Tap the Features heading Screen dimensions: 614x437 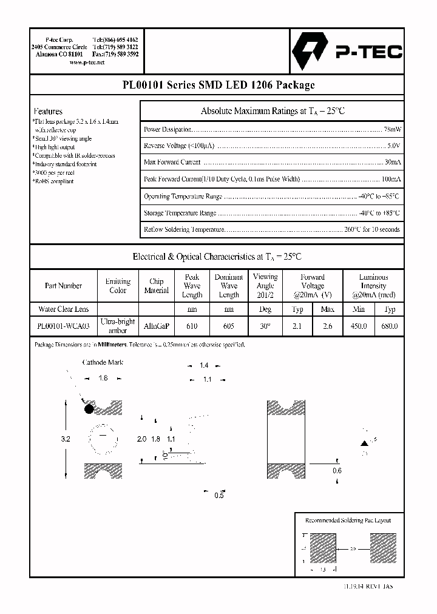48,111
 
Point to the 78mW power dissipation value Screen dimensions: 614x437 391,130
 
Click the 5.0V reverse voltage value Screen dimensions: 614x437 393,146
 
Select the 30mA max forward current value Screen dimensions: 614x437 392,163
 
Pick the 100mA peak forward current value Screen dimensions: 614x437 390,180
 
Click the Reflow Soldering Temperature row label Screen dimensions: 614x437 184,230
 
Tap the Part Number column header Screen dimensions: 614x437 63,286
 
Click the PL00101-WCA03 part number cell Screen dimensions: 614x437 63,326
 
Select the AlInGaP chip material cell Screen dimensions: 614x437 156,326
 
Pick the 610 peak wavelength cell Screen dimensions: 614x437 192,326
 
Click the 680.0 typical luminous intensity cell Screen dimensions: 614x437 390,326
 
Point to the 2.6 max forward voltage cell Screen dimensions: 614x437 327,326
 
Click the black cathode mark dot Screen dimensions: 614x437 89,409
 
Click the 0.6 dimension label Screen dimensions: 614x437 337,471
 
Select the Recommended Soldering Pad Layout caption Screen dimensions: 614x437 348,521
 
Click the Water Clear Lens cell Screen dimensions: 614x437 63,309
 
